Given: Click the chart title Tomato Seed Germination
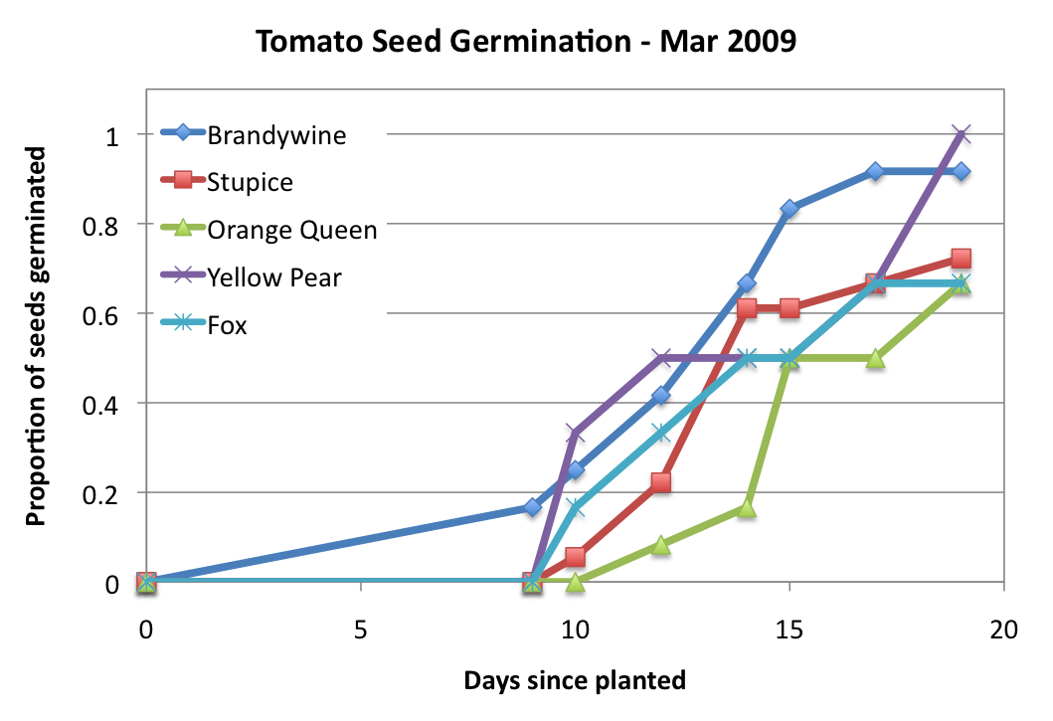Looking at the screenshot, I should (526, 43).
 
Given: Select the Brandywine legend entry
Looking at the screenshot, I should (276, 135).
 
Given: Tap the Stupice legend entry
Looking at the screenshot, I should (250, 181).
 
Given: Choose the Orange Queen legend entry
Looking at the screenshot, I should (291, 230).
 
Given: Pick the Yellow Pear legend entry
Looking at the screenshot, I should (273, 277).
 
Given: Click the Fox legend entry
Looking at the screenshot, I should (227, 325).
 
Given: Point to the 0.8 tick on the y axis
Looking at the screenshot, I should (107, 225).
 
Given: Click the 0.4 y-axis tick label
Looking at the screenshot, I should (107, 404).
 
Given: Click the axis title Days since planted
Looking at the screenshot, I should (574, 681).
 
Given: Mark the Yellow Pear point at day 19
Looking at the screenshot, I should (961, 134).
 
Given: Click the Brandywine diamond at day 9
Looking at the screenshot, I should (532, 507).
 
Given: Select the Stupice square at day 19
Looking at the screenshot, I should (961, 259).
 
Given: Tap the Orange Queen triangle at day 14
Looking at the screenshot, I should (747, 508).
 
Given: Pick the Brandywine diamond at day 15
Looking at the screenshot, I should (790, 209).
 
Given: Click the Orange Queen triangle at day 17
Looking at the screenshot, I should (875, 358).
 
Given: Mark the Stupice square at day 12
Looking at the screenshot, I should (660, 482).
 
